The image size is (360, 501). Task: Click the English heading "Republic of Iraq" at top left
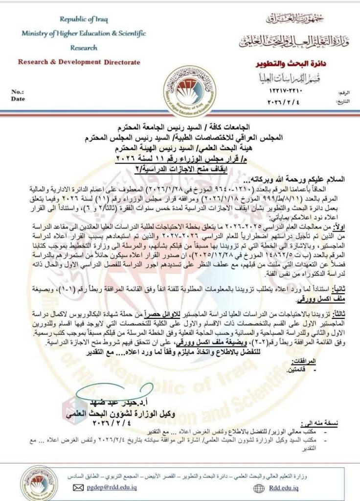[x=84, y=20]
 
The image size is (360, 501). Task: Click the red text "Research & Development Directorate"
[x=79, y=62]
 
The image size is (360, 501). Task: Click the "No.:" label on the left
[x=18, y=92]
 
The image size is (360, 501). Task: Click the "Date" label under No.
[x=18, y=98]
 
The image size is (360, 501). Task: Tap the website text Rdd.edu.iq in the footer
[x=284, y=487]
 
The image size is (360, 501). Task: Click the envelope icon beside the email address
[x=78, y=487]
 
